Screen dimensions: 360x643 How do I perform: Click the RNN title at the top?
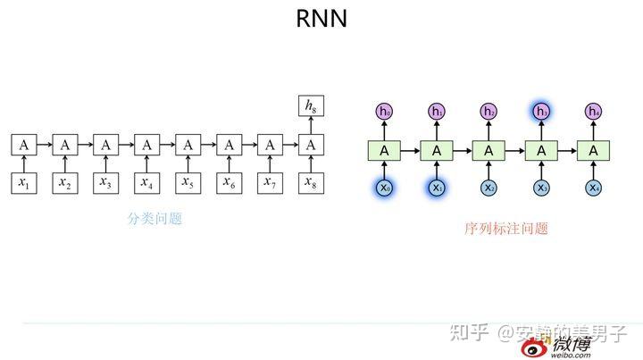321,19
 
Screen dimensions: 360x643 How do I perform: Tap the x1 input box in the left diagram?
23,182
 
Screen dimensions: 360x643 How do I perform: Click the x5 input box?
188,182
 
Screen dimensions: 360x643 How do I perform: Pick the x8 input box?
310,182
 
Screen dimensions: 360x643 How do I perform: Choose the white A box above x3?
105,145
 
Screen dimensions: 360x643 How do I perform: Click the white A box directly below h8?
310,145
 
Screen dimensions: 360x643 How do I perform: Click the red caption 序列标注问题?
505,228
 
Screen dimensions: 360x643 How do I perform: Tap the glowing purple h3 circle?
541,112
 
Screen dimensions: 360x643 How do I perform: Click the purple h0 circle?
384,112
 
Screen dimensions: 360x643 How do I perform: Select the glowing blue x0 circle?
384,188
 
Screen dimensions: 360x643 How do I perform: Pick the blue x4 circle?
594,188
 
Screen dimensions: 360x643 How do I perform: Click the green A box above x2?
489,150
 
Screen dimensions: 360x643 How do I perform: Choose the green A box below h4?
594,150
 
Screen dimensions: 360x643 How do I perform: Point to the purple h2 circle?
489,112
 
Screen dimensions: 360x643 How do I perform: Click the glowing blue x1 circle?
437,188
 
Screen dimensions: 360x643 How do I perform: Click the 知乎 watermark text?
470,333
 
